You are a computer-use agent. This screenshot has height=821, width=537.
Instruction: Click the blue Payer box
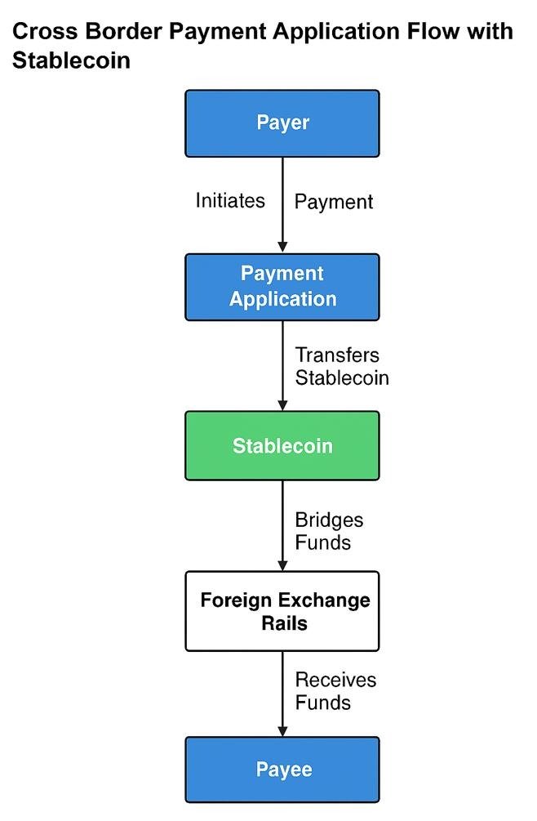click(282, 123)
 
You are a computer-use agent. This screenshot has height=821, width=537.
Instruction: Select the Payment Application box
click(282, 287)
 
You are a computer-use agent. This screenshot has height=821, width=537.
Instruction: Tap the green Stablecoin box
click(282, 446)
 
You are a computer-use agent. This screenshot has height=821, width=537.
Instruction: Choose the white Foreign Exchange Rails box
click(282, 611)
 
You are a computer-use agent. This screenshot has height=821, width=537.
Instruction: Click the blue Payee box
click(282, 770)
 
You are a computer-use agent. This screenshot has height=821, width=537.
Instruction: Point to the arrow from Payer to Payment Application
click(282, 204)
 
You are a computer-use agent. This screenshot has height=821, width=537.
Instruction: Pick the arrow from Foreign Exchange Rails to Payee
click(282, 694)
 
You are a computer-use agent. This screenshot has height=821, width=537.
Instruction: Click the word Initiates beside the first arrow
click(230, 200)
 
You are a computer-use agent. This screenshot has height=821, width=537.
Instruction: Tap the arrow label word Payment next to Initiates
click(334, 202)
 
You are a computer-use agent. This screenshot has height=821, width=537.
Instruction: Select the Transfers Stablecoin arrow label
click(341, 366)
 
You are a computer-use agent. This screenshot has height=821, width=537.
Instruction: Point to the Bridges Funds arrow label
click(329, 531)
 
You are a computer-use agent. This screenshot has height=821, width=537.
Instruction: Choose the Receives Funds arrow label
click(335, 691)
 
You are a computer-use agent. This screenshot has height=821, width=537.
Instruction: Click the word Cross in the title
click(41, 33)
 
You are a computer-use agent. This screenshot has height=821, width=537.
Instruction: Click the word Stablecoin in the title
click(72, 60)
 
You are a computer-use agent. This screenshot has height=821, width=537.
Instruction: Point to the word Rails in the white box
click(285, 623)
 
